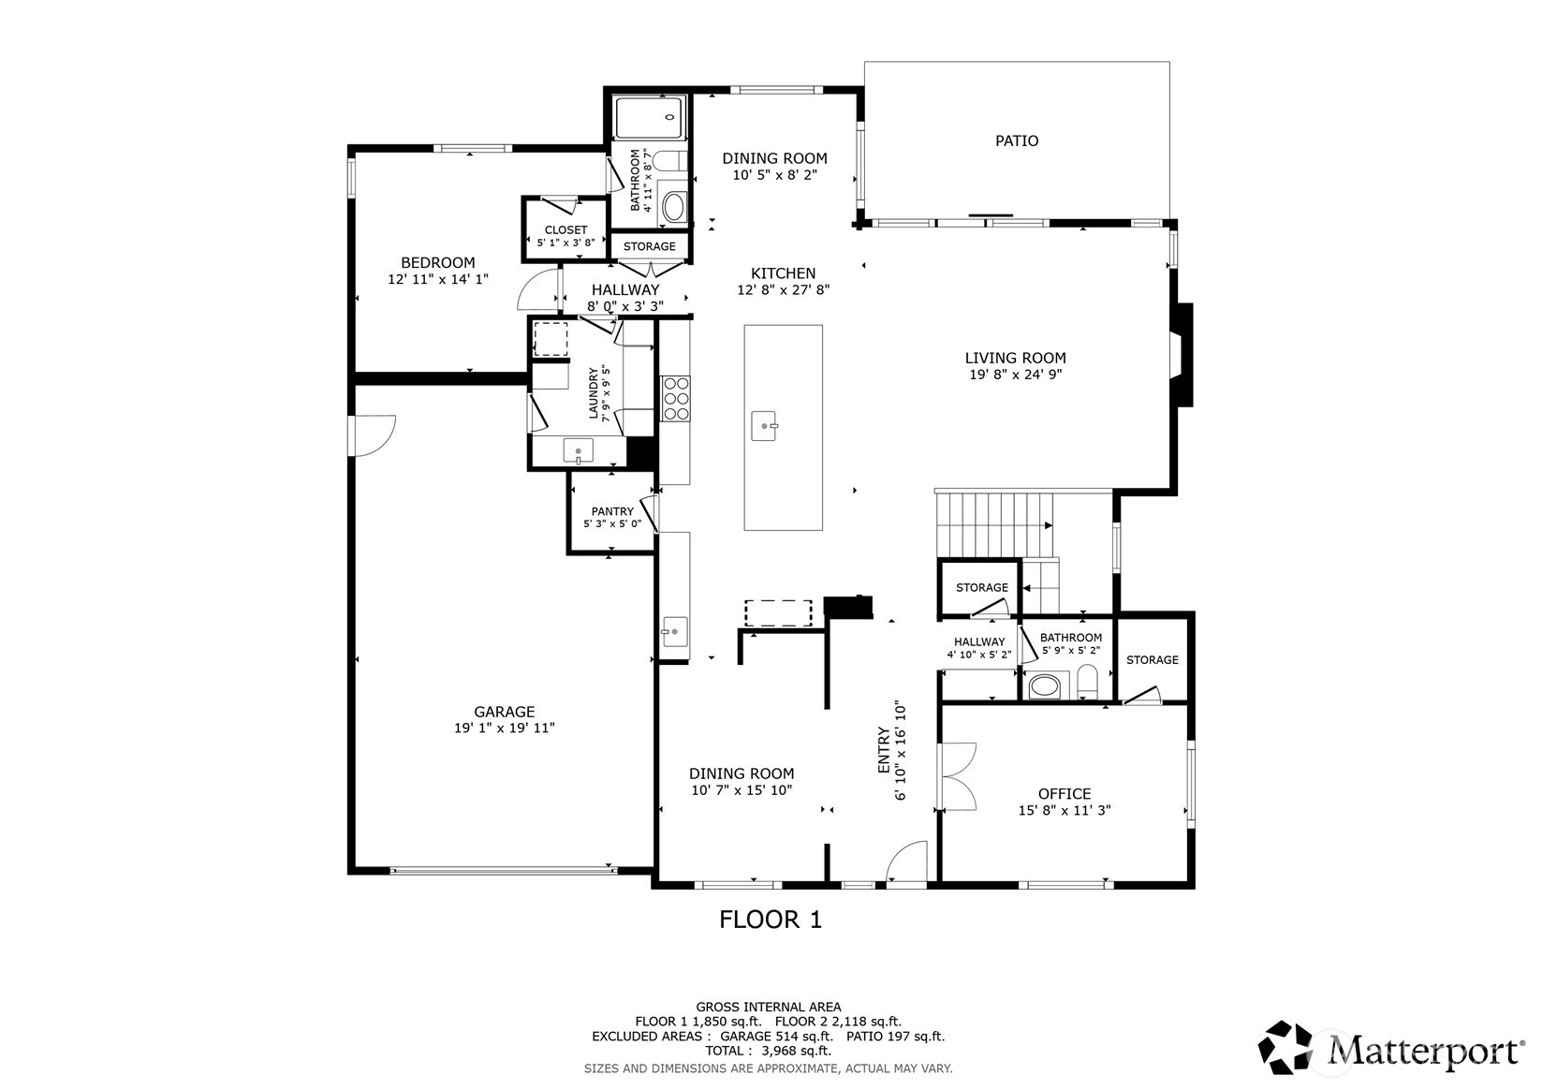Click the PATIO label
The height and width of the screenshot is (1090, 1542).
1017,140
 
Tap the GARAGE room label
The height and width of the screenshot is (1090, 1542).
505,712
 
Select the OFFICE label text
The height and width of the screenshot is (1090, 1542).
1065,794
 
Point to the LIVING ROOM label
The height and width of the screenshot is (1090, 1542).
1016,358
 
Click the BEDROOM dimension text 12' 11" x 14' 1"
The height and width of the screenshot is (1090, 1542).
438,280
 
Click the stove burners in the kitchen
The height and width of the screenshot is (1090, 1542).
675,398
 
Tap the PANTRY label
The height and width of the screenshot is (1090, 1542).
612,511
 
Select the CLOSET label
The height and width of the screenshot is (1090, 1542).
565,230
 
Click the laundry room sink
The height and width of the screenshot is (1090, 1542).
579,451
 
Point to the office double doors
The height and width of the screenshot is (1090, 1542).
957,776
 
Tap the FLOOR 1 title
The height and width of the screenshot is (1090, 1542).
771,920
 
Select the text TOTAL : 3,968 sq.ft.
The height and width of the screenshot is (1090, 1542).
769,1051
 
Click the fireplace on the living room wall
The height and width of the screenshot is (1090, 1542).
1182,355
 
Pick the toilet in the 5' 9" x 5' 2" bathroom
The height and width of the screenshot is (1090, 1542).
1088,681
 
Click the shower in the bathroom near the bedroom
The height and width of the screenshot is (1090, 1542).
651,118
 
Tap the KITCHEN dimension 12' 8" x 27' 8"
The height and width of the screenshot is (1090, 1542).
784,290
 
